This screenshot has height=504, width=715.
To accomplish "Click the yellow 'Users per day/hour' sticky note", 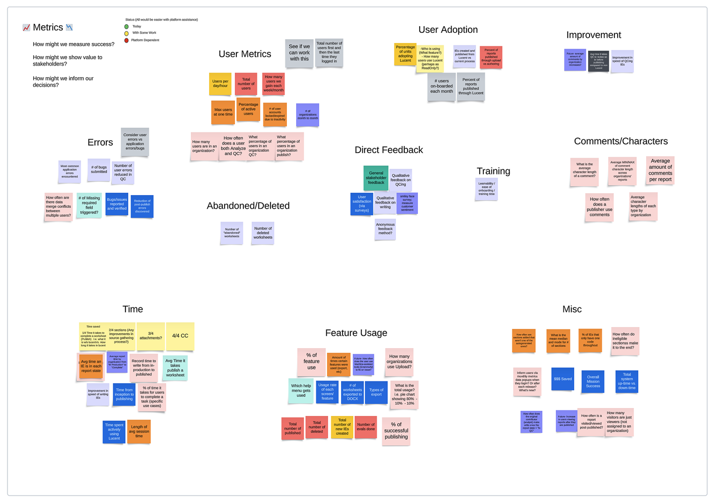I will coord(220,84).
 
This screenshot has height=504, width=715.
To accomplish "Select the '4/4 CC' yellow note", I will coord(180,336).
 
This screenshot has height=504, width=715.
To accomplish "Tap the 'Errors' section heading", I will coord(100,143).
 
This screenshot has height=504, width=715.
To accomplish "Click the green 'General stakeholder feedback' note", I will coord(376,178).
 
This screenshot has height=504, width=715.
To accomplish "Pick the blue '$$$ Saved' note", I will coord(562,379).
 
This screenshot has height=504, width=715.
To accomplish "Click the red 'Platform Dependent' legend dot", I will coord(126,41).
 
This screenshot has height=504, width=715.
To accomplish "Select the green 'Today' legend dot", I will coord(126,27).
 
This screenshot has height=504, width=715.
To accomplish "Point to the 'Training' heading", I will coord(493,171).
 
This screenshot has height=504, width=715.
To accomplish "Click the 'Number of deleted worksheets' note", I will coord(263,233).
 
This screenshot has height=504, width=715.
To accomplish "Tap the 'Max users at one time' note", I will coord(223,112).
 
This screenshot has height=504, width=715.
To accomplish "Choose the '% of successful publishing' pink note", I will coord(396,431).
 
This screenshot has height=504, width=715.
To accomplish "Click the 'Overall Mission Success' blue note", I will coord(593,381).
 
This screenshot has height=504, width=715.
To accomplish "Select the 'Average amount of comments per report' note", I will coord(660,170).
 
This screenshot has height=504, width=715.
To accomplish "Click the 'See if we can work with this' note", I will coord(299,53).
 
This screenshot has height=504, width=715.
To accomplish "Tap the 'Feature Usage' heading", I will coord(356,333).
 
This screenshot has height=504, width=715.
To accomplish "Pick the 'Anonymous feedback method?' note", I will coord(385,229).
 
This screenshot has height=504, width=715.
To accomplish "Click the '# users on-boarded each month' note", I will coord(442,87).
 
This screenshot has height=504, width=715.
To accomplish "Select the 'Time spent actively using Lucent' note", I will coord(114,432).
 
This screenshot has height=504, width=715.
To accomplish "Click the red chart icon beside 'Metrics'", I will coord(26,28).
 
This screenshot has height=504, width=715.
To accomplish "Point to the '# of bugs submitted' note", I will coord(99,170).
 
